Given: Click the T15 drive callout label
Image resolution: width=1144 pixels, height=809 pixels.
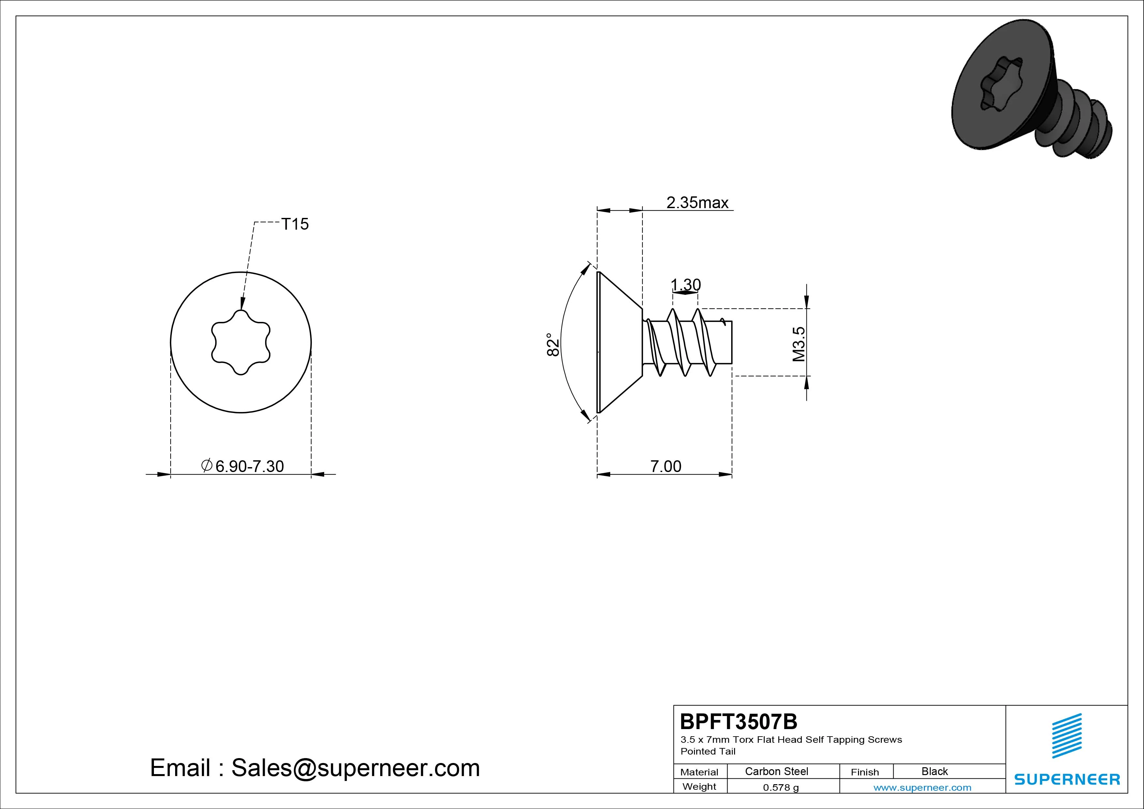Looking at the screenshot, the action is [295, 224].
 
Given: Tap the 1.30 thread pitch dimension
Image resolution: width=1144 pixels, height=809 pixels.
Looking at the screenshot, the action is [685, 285].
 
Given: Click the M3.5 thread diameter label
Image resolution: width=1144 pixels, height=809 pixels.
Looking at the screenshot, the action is [799, 344].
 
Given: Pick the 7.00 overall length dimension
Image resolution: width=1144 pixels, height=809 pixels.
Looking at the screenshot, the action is [666, 466].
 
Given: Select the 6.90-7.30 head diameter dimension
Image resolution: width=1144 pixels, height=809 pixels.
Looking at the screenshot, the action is [242, 466].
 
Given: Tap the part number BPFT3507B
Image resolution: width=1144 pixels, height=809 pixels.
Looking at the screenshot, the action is [738, 721].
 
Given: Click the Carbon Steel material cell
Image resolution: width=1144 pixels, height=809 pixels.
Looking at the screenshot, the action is [776, 771].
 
